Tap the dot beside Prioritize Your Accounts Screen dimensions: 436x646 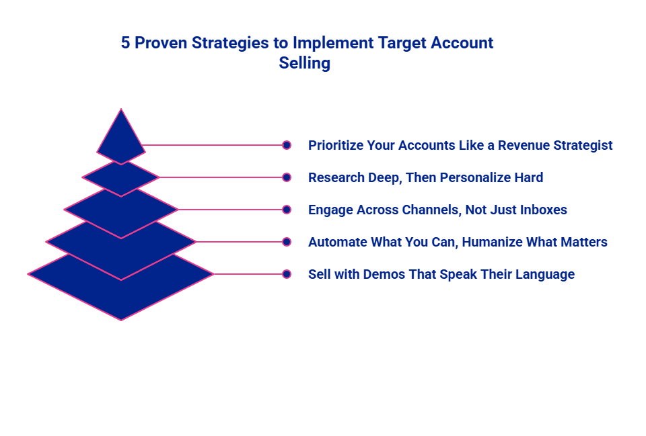[x=287, y=145]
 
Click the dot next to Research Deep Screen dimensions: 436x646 [x=287, y=177]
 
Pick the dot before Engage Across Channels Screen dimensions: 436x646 [x=287, y=210]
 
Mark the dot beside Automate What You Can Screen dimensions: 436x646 [x=287, y=242]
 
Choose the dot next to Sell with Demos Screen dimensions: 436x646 [x=287, y=274]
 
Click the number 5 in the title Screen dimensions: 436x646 [x=126, y=43]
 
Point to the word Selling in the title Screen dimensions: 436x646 [x=304, y=63]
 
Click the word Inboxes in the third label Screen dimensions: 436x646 [x=543, y=210]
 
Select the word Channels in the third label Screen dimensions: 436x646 [x=431, y=210]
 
